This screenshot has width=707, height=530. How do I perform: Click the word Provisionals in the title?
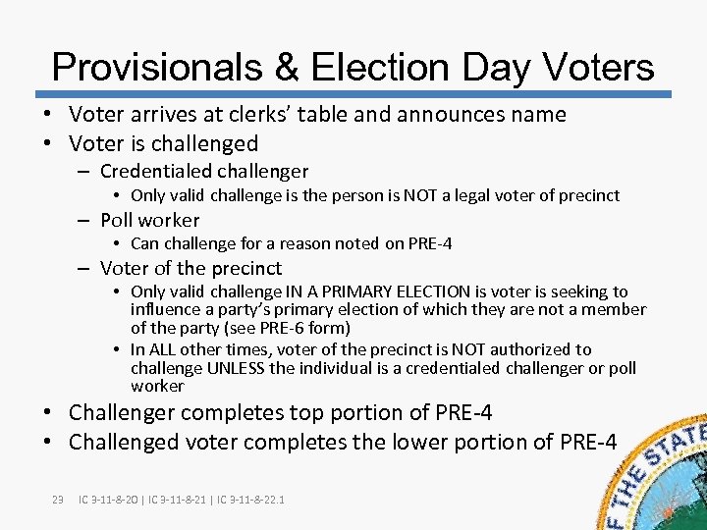(156, 67)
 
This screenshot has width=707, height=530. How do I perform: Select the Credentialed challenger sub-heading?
(204, 172)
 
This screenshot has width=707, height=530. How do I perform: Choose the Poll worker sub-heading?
(149, 220)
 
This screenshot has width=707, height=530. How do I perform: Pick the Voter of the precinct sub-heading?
(190, 268)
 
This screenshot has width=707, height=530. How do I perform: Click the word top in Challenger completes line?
(293, 412)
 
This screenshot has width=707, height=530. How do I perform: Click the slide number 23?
(57, 501)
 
